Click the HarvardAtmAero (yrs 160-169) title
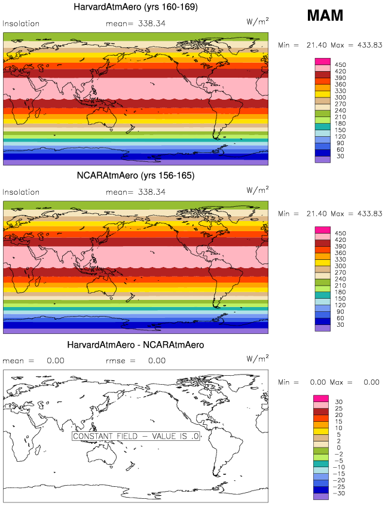(136, 7)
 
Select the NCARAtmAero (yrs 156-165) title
(136, 176)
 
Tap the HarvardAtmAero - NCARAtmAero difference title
(136, 345)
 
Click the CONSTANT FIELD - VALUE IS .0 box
(136, 436)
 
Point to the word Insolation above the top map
(22, 24)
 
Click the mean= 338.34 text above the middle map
(137, 192)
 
